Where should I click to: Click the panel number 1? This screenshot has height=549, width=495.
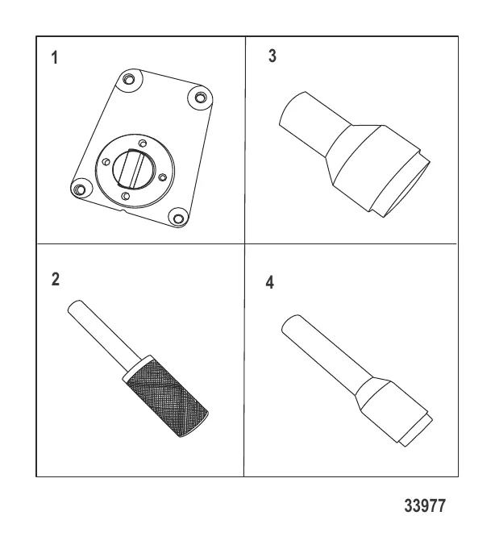(x=54, y=58)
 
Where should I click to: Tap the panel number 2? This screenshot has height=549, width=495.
(x=56, y=280)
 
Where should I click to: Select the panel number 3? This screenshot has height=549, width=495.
(x=272, y=56)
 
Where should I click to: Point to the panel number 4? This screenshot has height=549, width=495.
(x=269, y=282)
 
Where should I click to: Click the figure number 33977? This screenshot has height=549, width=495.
(x=425, y=506)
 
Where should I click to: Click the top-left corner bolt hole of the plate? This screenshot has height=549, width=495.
(x=129, y=80)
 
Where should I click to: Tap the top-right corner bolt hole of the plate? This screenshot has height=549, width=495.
(x=200, y=98)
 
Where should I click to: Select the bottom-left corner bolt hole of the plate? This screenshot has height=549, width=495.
(x=80, y=189)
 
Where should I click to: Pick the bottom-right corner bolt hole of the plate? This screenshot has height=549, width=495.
(x=178, y=218)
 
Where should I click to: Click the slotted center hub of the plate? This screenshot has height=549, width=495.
(x=133, y=168)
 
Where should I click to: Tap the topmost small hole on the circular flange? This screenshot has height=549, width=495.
(x=143, y=143)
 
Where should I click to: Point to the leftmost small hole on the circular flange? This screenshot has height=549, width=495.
(x=106, y=162)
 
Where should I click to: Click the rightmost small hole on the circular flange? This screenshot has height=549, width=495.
(x=162, y=177)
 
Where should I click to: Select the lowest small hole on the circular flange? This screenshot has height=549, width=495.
(x=125, y=196)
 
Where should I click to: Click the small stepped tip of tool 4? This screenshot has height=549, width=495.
(x=416, y=431)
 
